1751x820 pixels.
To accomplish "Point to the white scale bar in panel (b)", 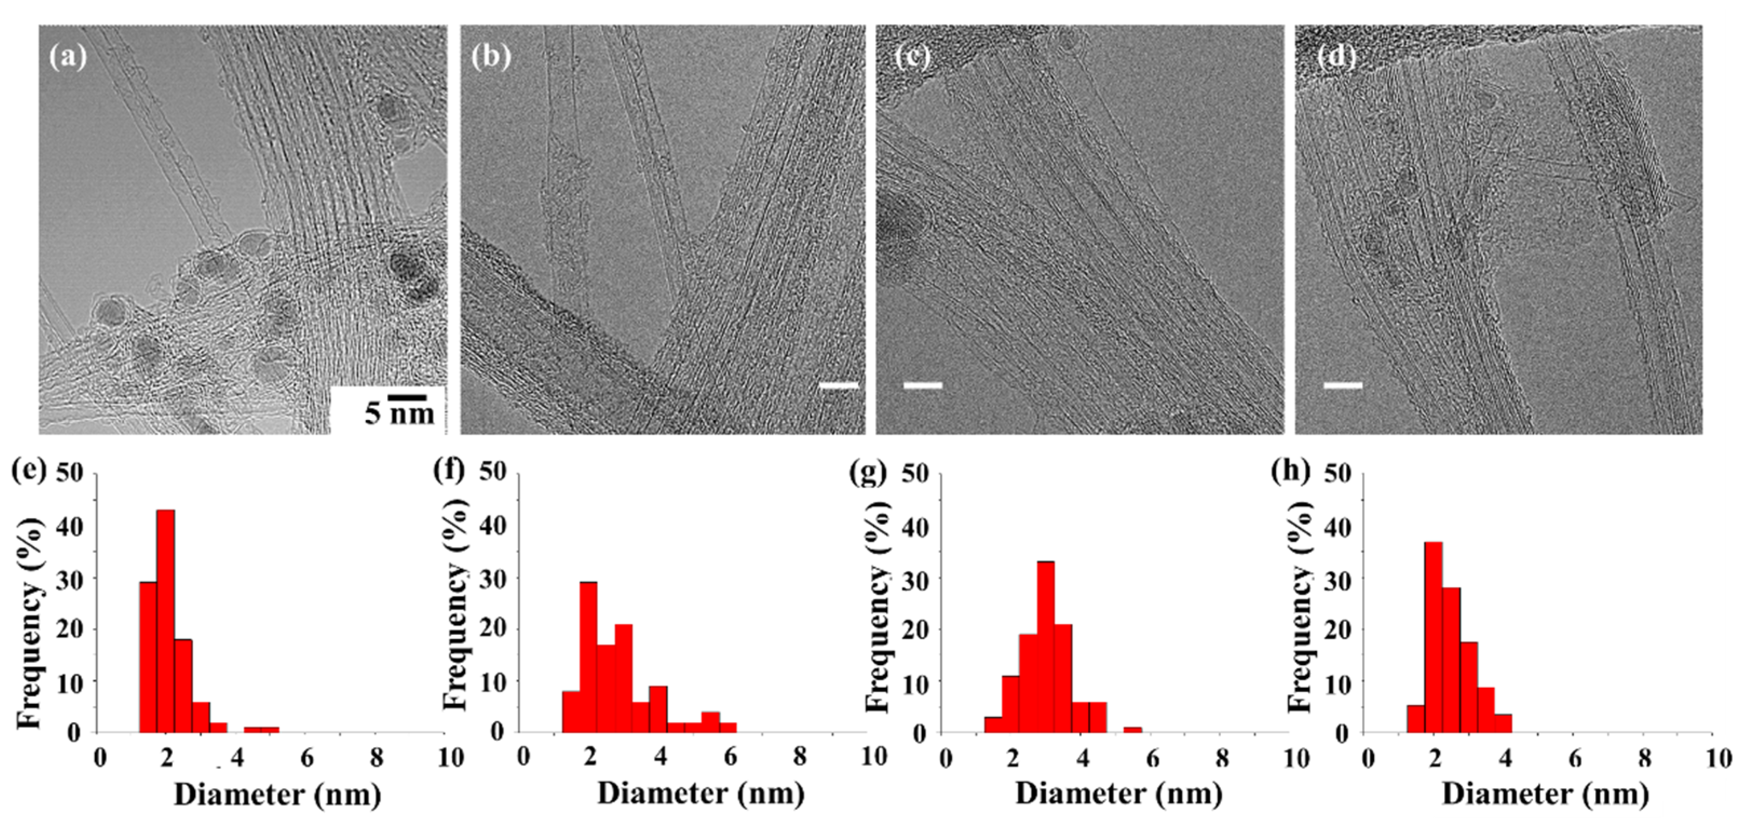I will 839,386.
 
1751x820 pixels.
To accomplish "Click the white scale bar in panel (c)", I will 922,385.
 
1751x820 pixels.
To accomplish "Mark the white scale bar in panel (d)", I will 1343,385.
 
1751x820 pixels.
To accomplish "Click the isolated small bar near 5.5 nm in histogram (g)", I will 1132,729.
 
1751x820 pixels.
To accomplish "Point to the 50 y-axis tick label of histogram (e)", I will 69,473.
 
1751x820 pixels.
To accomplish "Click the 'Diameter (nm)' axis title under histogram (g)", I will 1119,794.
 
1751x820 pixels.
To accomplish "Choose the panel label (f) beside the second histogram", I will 449,471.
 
